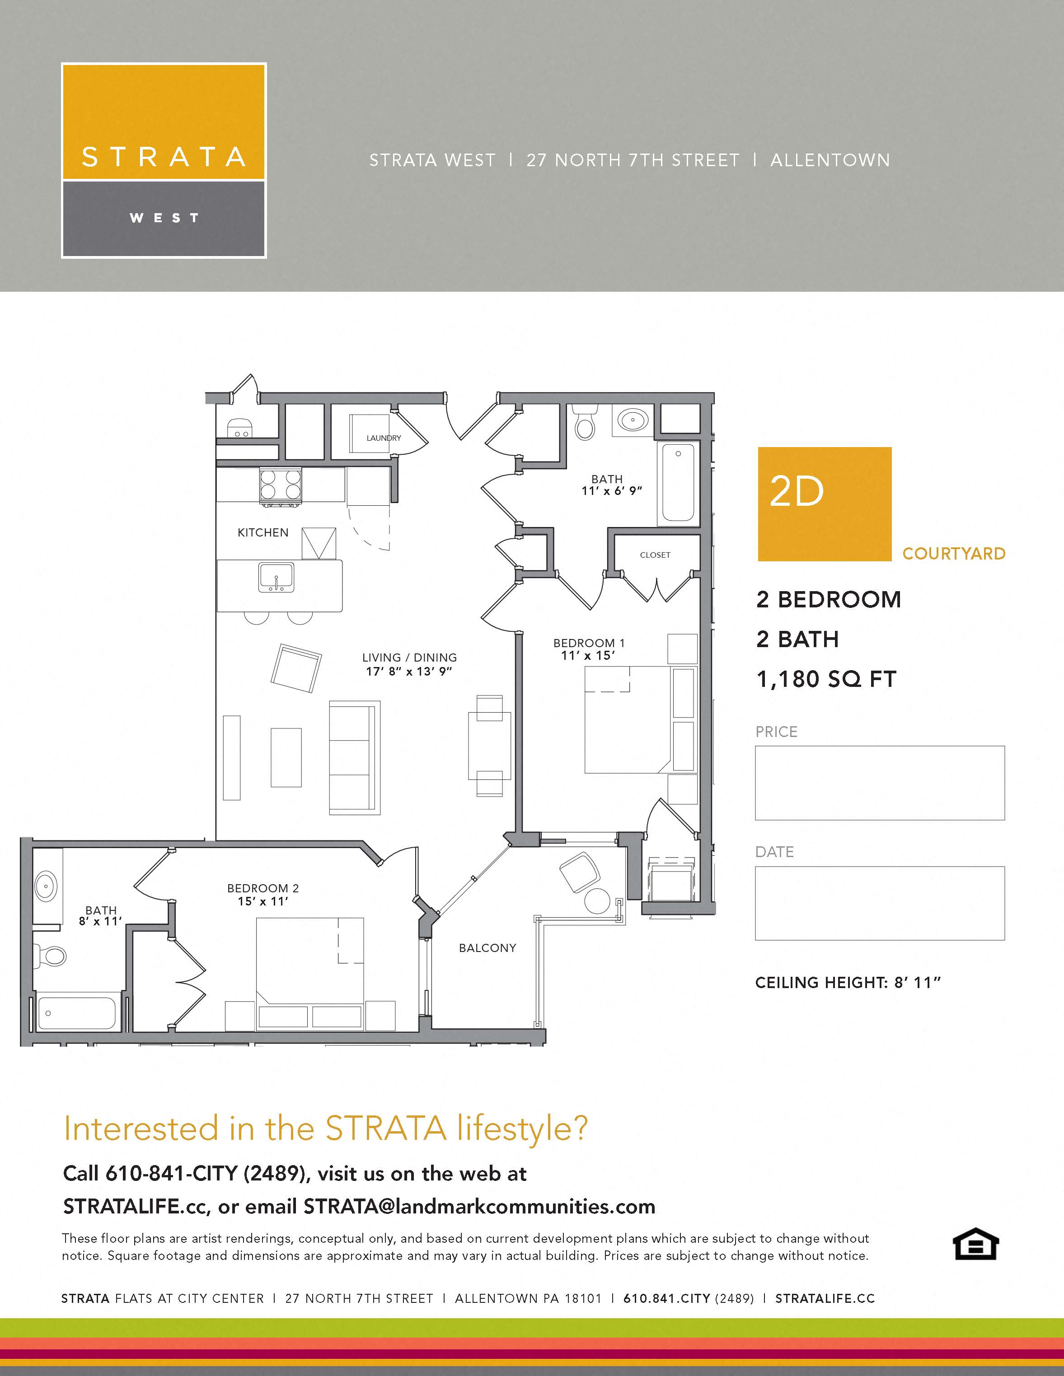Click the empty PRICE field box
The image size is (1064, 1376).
(879, 783)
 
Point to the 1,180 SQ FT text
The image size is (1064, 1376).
(826, 679)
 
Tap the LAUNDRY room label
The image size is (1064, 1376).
(383, 438)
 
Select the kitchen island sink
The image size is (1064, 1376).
(276, 577)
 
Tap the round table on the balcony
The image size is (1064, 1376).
(596, 901)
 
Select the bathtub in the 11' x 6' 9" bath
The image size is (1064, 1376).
(678, 483)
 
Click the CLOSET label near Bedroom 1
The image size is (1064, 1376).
(655, 555)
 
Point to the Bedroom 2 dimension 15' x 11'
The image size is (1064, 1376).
(263, 901)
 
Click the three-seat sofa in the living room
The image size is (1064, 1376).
(354, 757)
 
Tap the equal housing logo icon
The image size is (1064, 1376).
(975, 1244)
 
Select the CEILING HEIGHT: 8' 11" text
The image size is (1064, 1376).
(847, 982)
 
